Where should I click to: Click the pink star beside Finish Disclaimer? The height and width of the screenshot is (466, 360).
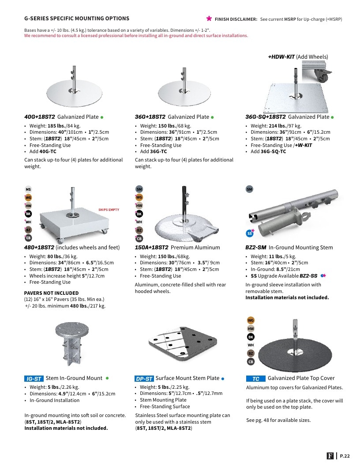(209, 19)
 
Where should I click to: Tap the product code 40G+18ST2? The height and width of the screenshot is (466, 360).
(40, 117)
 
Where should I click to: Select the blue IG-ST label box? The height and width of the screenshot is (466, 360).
(34, 379)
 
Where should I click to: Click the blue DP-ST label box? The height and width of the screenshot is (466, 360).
(144, 379)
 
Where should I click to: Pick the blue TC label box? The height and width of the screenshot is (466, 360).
(256, 379)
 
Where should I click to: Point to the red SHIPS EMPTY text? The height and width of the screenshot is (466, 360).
(109, 210)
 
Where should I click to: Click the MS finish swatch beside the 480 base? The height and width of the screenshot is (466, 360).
(28, 189)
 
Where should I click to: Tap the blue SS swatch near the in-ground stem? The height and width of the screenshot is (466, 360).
(250, 233)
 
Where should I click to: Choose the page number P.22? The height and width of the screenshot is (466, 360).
(345, 456)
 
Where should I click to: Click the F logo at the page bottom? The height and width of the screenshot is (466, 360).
(330, 456)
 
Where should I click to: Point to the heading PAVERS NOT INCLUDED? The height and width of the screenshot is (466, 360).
(51, 293)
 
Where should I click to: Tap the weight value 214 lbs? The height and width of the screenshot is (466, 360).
(276, 126)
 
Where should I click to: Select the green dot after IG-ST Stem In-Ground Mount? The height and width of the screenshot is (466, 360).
(107, 378)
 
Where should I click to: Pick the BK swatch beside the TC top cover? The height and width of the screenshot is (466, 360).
(251, 337)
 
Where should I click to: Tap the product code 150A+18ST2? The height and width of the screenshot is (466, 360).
(151, 247)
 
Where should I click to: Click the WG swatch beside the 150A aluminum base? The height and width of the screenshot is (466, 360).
(139, 197)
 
